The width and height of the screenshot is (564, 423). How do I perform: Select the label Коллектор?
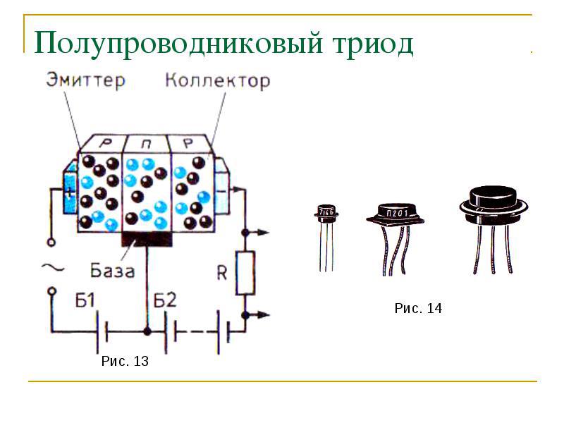tap(217, 80)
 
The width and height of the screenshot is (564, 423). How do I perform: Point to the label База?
tap(113, 270)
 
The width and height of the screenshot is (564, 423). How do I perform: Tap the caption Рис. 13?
tap(125, 362)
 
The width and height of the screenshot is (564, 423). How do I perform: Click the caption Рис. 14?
tap(418, 308)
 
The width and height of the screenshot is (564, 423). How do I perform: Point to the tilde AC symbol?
tap(52, 266)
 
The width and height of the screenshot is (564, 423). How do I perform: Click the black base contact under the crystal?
tap(147, 238)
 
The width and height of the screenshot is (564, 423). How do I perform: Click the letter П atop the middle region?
tap(147, 144)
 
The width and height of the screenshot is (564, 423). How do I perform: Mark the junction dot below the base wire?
tap(147, 330)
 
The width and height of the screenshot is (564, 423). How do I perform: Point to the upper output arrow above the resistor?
tap(261, 231)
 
